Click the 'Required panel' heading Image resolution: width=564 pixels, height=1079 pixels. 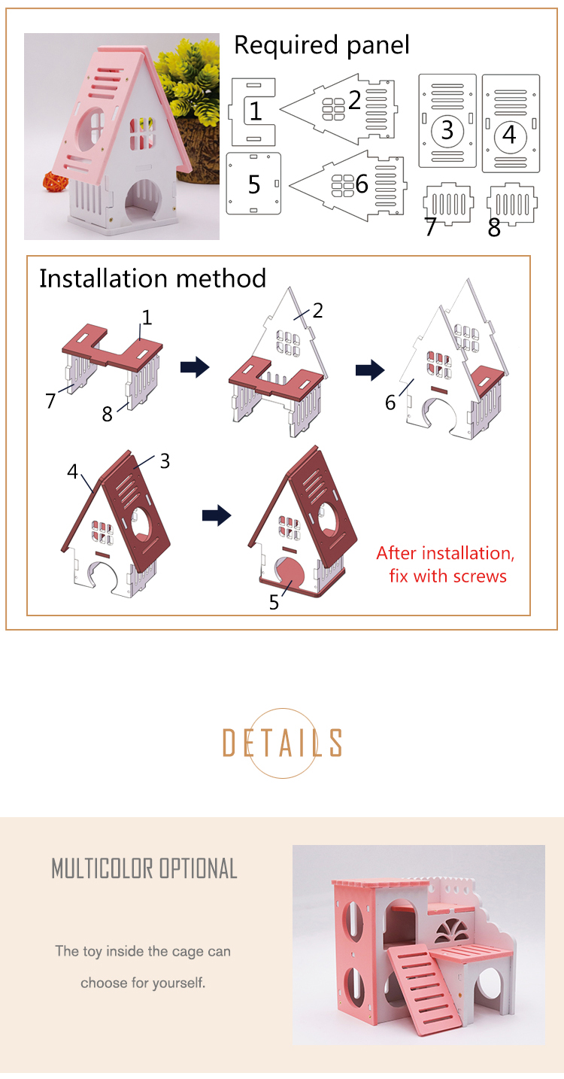322,45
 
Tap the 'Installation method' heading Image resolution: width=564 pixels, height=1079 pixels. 153,278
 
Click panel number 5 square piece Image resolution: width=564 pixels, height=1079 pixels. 254,184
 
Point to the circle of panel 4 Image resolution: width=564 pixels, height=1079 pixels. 510,135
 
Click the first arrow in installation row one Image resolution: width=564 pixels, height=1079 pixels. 195,368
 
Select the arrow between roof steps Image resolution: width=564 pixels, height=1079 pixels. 217,515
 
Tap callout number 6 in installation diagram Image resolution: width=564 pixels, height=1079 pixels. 390,403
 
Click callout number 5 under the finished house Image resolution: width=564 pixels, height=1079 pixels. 274,602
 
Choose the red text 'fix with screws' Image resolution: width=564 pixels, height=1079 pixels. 447,576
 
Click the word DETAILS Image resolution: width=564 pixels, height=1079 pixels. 282,743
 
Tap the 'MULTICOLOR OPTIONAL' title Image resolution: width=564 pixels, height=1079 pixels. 144,869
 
